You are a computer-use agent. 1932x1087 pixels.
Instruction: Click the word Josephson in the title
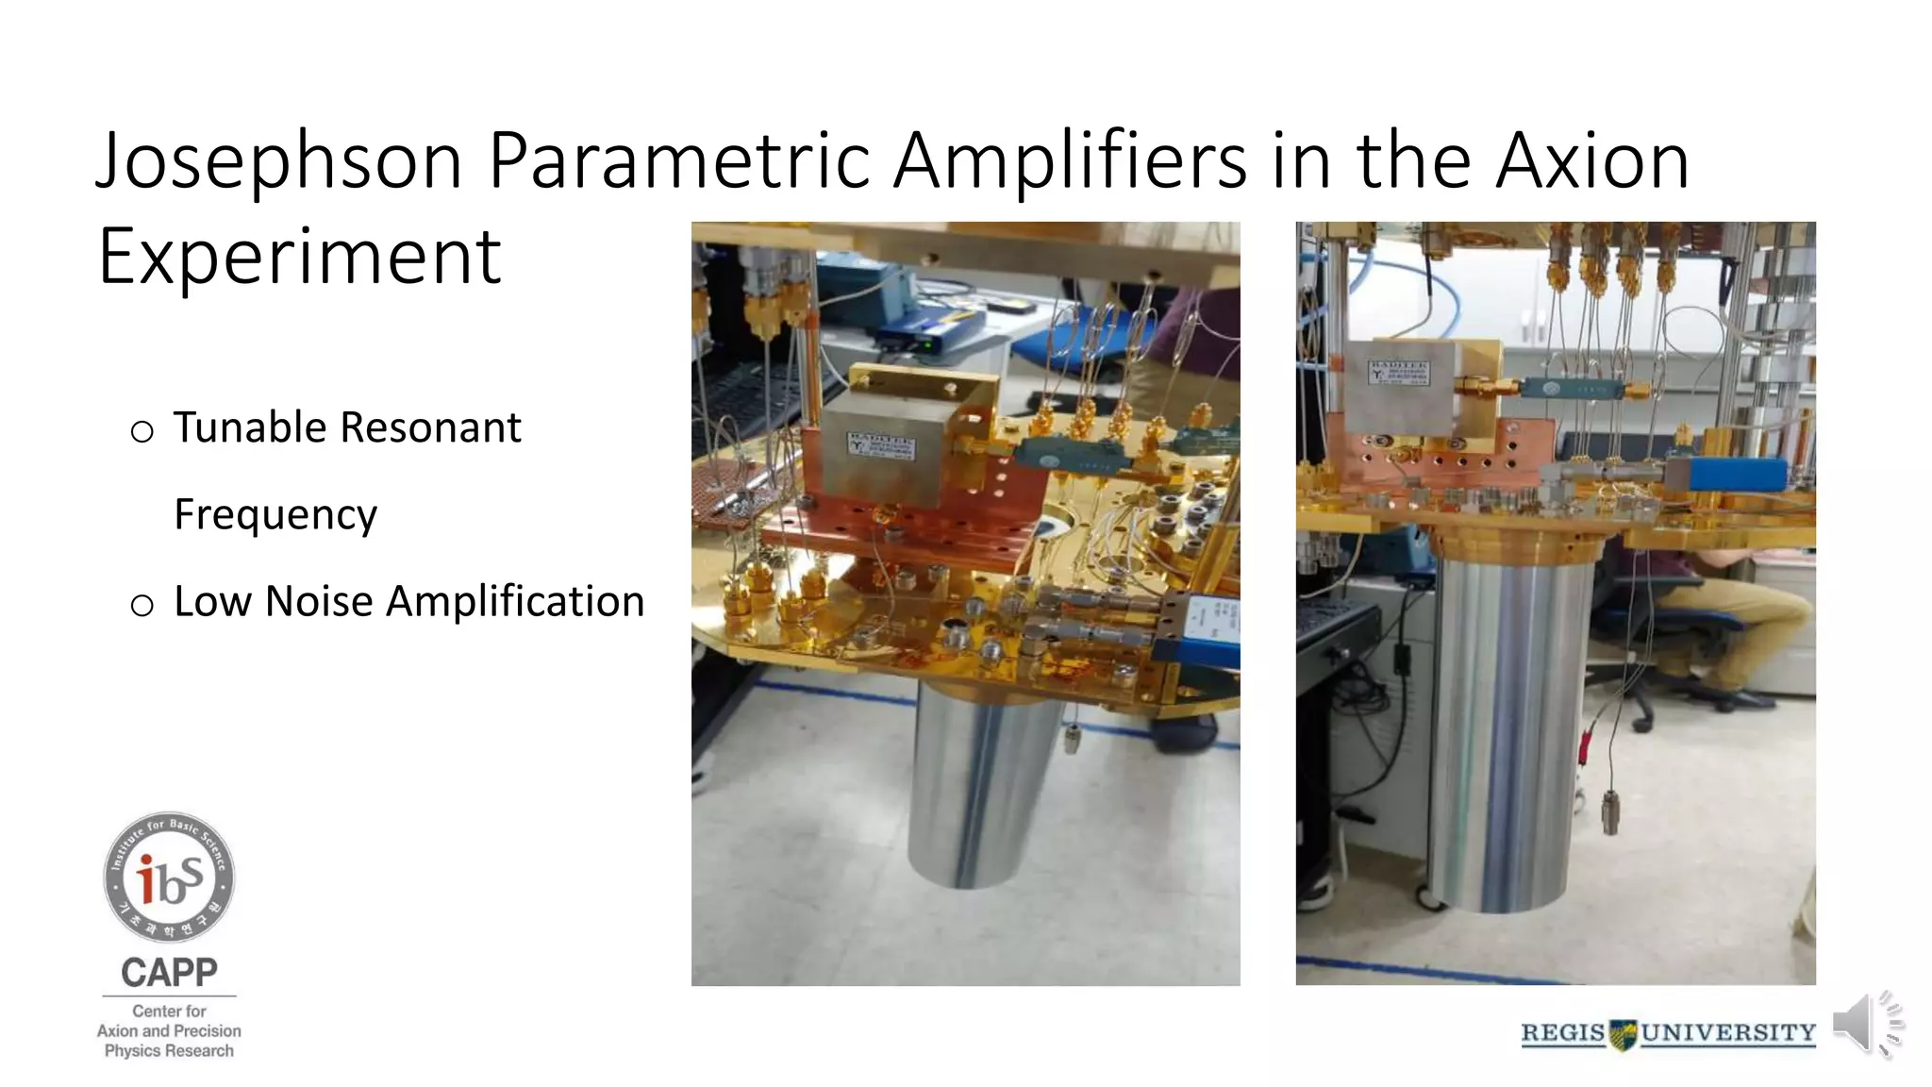tap(279, 160)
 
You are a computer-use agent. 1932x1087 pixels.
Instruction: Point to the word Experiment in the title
tap(300, 257)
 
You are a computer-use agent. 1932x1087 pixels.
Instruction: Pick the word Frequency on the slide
tap(275, 515)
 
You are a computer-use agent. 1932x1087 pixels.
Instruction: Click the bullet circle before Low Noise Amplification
tap(142, 605)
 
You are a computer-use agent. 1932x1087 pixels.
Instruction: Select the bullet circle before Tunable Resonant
tap(142, 432)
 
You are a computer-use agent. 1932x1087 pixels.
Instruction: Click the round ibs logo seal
tap(169, 877)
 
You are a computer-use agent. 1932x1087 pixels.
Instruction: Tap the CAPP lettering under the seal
tap(169, 972)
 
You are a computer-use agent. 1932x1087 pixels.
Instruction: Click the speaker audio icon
tap(1866, 1024)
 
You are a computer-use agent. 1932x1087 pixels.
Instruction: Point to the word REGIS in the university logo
tap(1562, 1033)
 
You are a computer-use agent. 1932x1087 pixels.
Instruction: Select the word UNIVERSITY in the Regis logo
tap(1728, 1033)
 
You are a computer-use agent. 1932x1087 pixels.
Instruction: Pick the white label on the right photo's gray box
tap(1398, 372)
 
